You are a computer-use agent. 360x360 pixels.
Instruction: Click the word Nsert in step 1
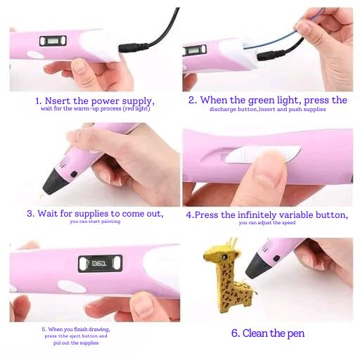(58, 101)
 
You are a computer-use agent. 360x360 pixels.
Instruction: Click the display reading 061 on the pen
(100, 264)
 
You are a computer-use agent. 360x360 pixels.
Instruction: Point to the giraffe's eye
(224, 257)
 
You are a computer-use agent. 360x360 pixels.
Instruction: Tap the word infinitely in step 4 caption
(257, 215)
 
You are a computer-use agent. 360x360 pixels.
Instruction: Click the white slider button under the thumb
(262, 154)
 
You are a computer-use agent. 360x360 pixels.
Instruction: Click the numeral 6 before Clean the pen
(234, 333)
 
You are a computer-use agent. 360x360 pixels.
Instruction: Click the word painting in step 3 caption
(111, 221)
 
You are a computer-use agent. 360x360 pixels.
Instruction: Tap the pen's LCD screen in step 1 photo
(53, 41)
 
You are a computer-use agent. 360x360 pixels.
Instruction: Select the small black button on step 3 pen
(74, 174)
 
